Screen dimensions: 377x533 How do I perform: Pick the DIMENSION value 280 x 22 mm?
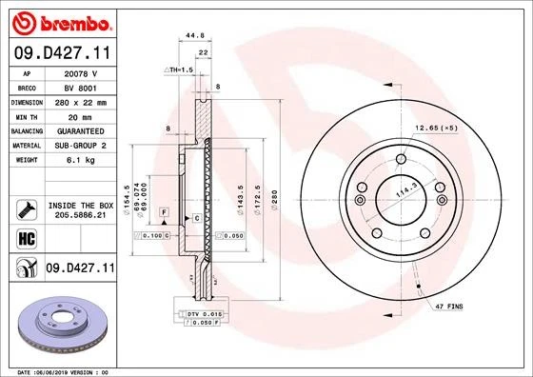tap(80, 100)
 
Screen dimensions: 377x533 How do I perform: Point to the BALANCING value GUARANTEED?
tap(80, 129)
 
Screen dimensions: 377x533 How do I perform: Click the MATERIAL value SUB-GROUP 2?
tap(80, 145)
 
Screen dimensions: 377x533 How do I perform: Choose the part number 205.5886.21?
tap(81, 215)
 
